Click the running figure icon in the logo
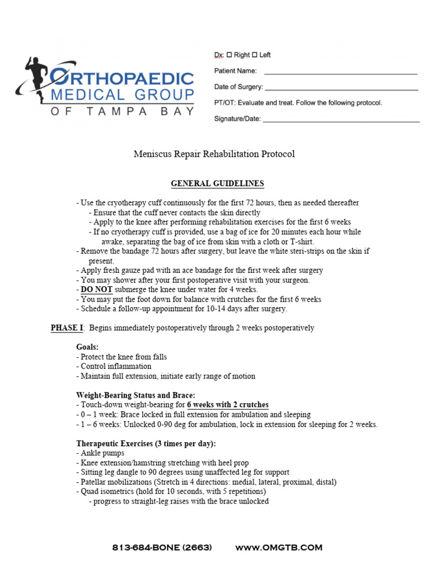click(x=35, y=79)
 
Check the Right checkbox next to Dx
click(x=229, y=55)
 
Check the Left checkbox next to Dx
click(x=254, y=55)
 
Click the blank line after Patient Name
click(x=340, y=74)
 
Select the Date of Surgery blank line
click(x=341, y=89)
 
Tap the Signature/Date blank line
click(x=341, y=121)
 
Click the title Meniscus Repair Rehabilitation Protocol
click(x=214, y=154)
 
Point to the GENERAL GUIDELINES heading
click(x=217, y=184)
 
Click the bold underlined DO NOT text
click(x=96, y=290)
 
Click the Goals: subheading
click(x=87, y=348)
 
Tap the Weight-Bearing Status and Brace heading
click(x=136, y=395)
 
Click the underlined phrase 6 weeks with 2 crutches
click(x=228, y=405)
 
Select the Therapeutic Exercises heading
click(x=146, y=444)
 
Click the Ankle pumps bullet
click(x=100, y=453)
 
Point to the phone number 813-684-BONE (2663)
click(x=162, y=547)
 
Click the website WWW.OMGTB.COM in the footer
click(x=278, y=547)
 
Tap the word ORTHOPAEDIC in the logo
click(x=123, y=78)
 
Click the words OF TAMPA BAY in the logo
click(x=123, y=111)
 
